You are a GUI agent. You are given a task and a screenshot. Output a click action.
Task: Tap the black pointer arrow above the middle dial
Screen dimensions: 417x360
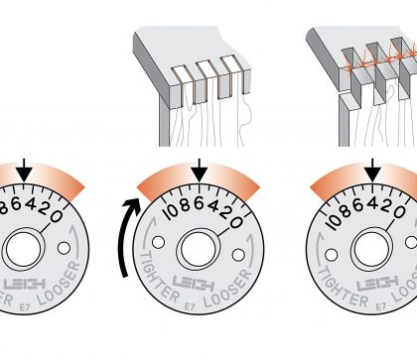click(x=199, y=171)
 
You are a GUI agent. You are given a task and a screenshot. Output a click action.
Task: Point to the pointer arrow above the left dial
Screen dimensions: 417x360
click(x=24, y=171)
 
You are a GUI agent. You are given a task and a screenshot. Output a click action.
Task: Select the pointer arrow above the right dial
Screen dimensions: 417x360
click(x=373, y=171)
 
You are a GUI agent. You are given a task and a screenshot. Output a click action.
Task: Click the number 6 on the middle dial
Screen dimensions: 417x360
click(x=199, y=203)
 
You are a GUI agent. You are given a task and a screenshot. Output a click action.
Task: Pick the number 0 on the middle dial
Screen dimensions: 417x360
click(x=236, y=222)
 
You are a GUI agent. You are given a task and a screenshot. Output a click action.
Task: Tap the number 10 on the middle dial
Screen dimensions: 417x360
click(x=172, y=212)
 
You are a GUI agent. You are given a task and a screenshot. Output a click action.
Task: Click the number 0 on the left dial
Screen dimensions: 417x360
click(x=56, y=216)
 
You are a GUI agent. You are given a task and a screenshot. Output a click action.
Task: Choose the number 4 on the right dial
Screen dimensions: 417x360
click(x=373, y=203)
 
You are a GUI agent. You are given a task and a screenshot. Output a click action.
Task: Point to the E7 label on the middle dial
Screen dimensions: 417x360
click(x=190, y=306)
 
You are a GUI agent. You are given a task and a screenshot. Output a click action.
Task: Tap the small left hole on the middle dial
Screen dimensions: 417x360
click(x=158, y=242)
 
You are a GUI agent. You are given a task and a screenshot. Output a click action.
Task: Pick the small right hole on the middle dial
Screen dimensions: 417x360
click(x=238, y=255)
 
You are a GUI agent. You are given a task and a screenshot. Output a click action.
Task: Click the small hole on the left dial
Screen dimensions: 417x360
click(x=64, y=248)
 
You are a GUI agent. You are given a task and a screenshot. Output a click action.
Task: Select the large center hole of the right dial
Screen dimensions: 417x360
click(x=372, y=249)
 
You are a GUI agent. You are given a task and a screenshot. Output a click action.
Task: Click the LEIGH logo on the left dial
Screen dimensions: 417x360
click(x=25, y=285)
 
